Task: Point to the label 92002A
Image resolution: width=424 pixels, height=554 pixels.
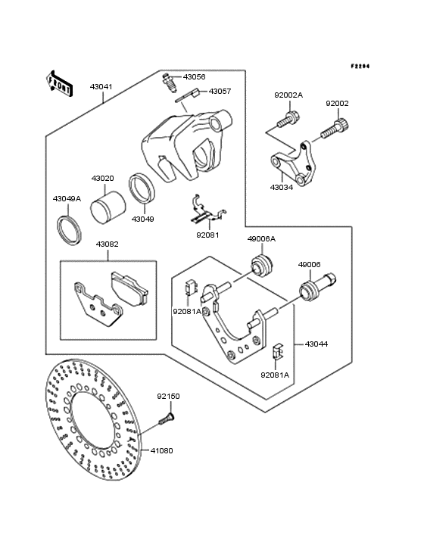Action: click(288, 95)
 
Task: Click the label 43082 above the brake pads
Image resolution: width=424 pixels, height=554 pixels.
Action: click(107, 244)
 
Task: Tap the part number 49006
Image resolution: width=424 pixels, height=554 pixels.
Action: click(309, 265)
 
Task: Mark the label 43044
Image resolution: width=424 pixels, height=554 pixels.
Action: click(316, 344)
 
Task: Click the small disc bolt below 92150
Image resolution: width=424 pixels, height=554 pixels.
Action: click(167, 414)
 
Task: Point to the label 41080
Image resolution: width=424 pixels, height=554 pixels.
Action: click(161, 450)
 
